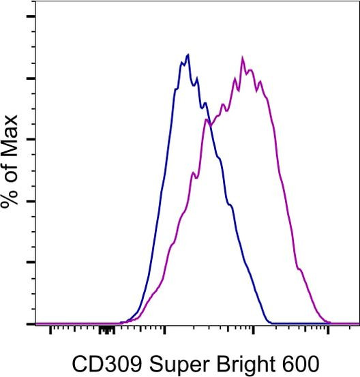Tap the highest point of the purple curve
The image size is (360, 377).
click(243, 57)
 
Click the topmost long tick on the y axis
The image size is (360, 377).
click(29, 16)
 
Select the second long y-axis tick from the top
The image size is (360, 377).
click(29, 78)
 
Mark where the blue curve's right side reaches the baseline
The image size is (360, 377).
click(270, 322)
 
